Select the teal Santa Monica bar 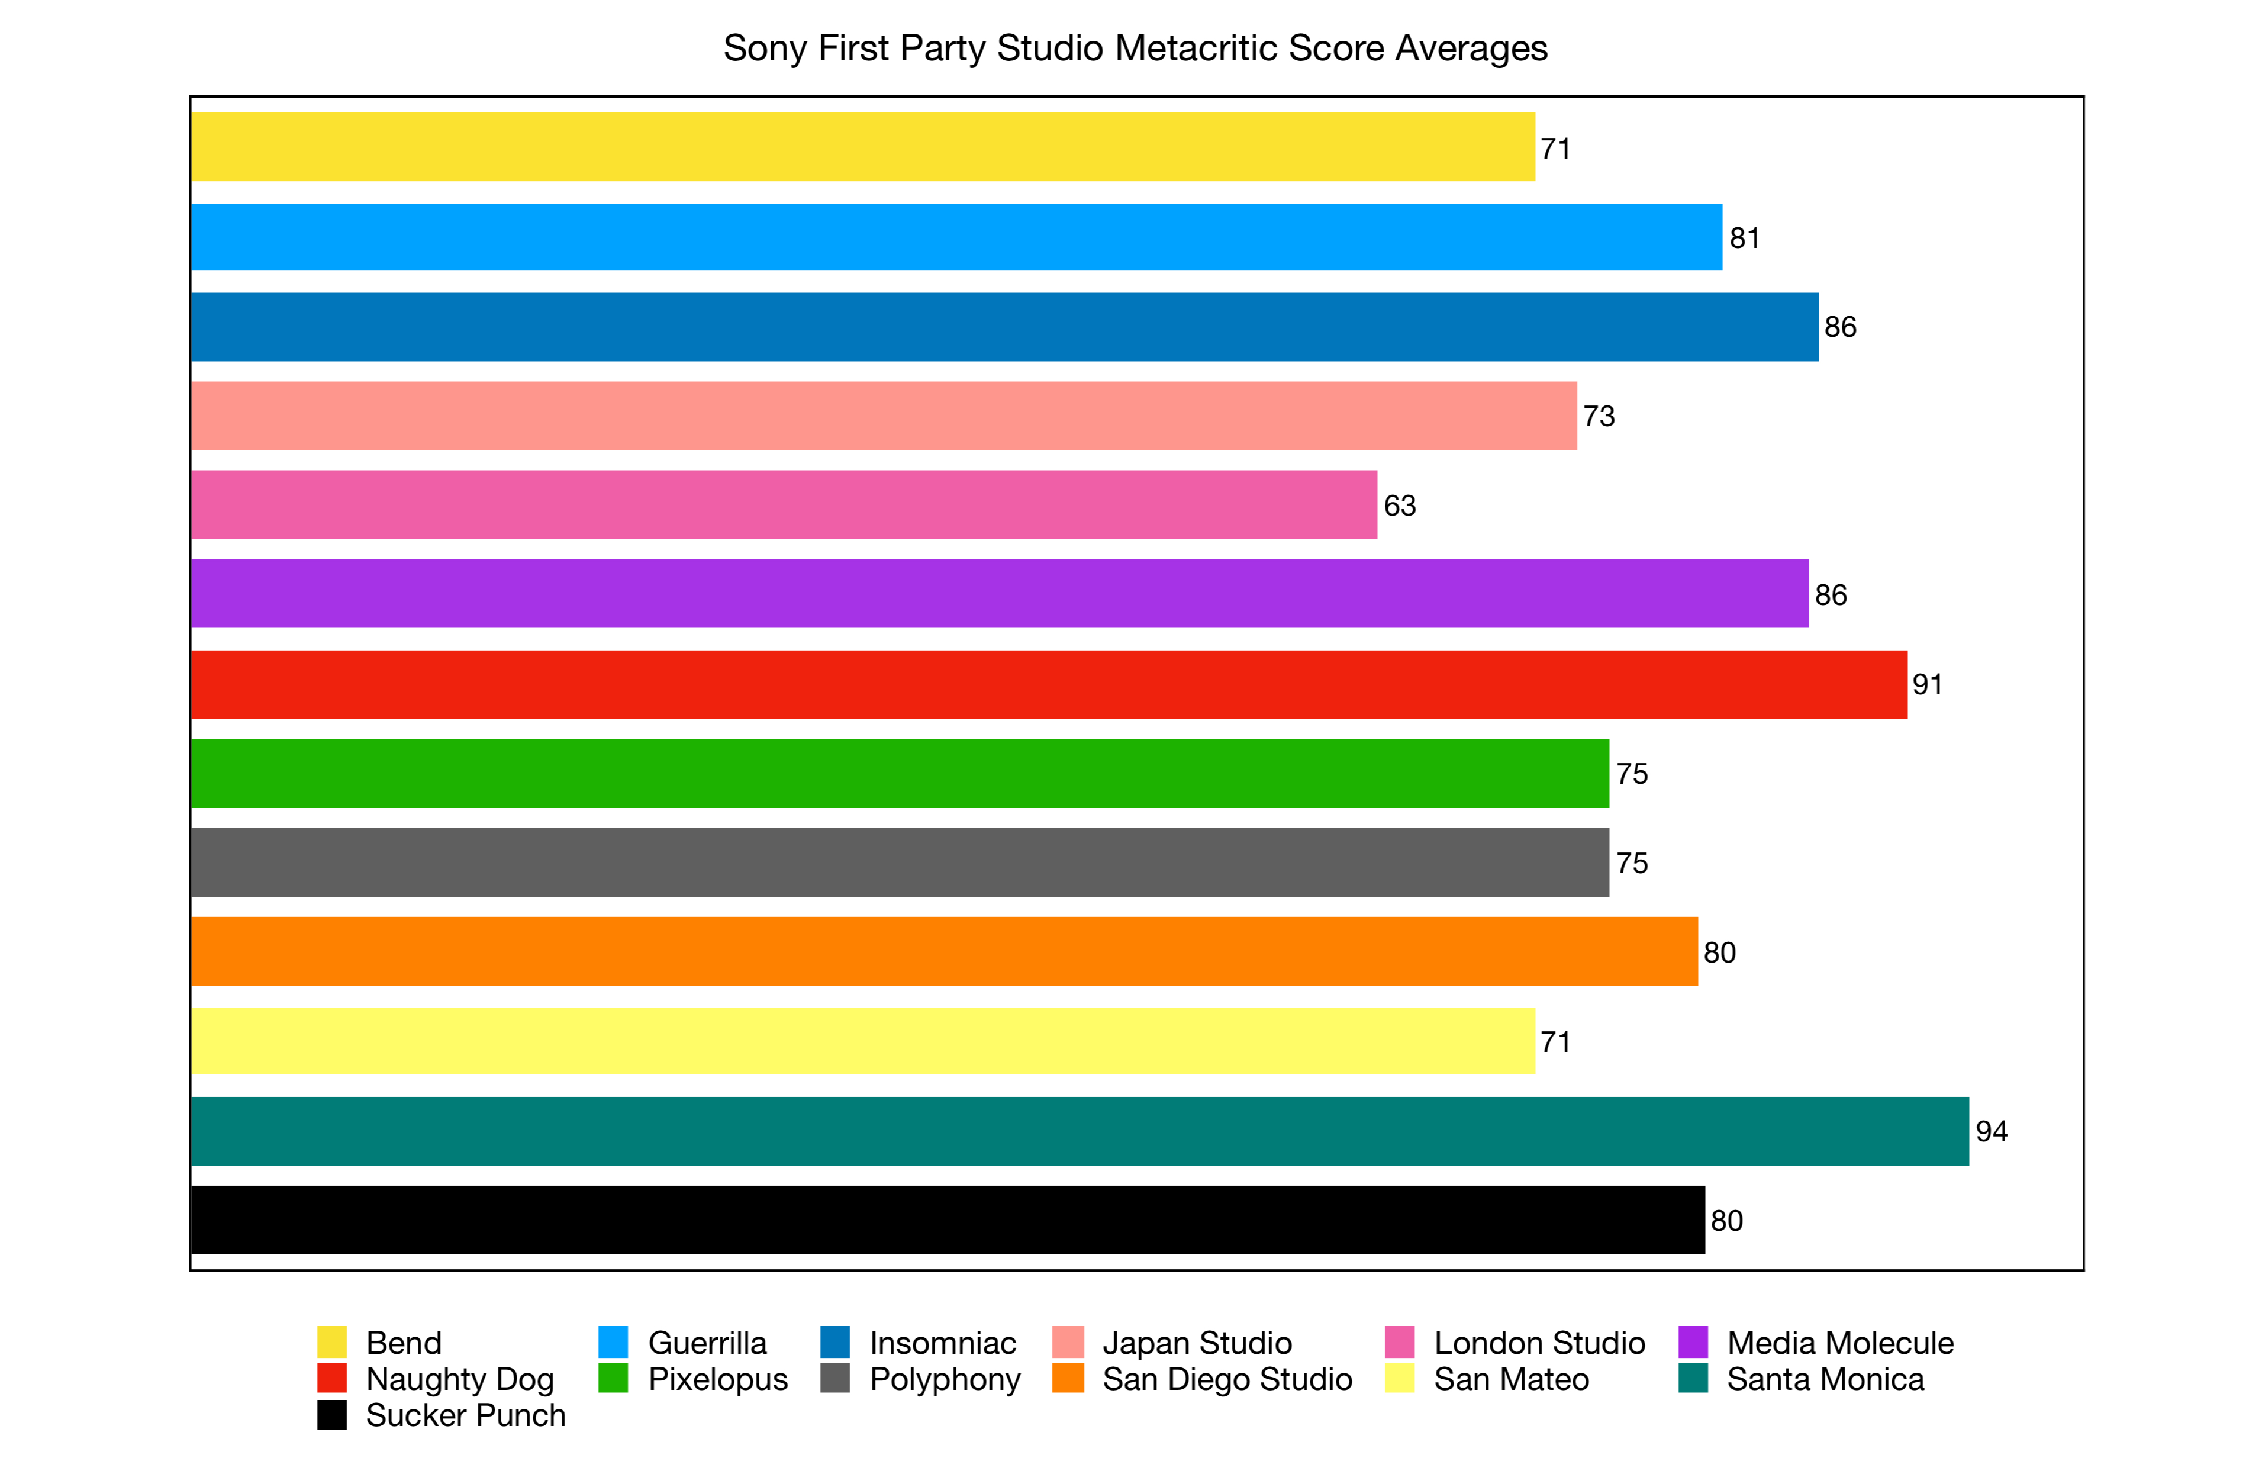click(x=1079, y=1131)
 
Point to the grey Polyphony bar click(x=899, y=862)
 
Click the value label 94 click(x=1991, y=1131)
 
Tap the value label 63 click(x=1399, y=506)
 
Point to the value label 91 click(x=1928, y=684)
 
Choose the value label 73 click(x=1599, y=416)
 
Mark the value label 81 click(x=1744, y=237)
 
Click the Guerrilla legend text click(x=707, y=1343)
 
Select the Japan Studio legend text click(x=1197, y=1343)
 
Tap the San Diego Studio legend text click(x=1226, y=1379)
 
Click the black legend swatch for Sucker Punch click(x=331, y=1414)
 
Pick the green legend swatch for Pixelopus click(x=613, y=1378)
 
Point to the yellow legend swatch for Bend click(x=331, y=1342)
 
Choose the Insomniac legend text click(x=943, y=1343)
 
